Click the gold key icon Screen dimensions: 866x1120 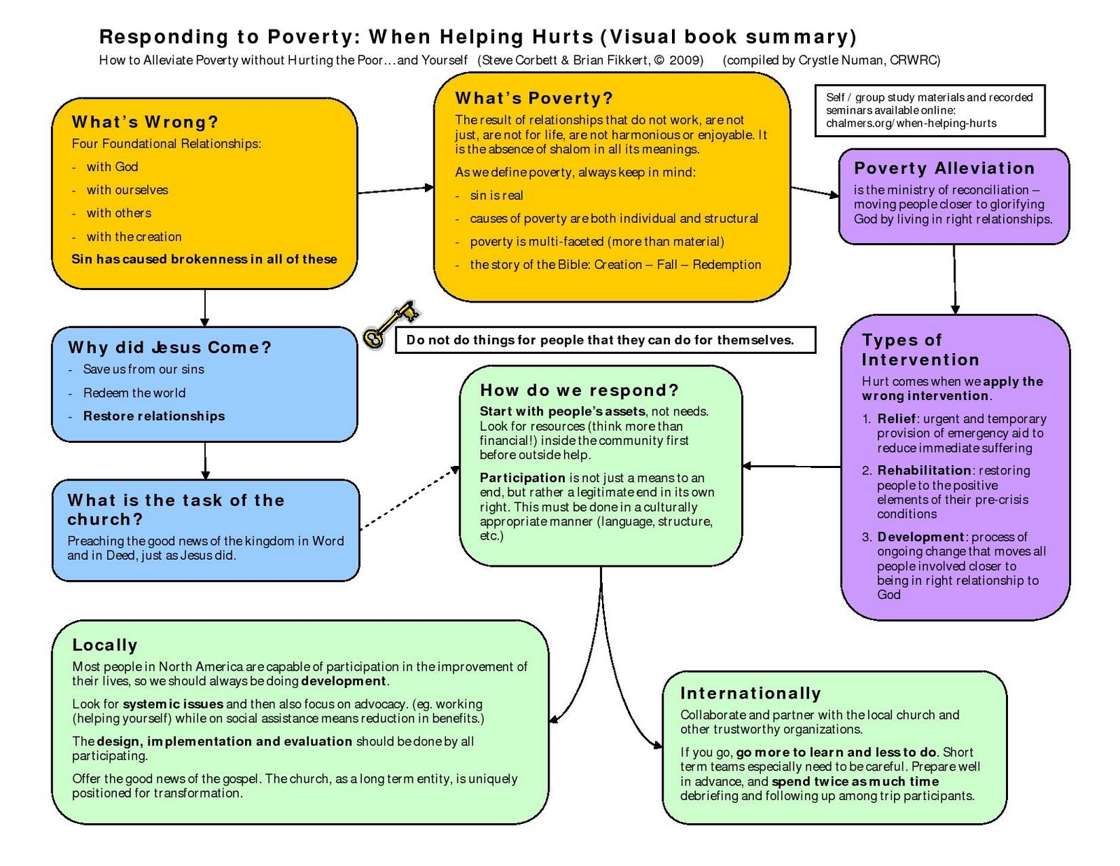coord(390,324)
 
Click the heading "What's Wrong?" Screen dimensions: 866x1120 coord(145,122)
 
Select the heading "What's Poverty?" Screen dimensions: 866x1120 coord(533,98)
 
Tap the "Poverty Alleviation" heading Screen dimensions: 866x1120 coord(944,168)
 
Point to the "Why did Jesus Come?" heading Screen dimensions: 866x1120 coord(169,348)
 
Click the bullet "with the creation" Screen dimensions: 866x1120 coord(134,237)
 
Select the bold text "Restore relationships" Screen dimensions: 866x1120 coord(154,416)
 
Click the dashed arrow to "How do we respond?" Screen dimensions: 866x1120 coord(409,498)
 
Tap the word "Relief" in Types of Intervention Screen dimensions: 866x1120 coord(896,418)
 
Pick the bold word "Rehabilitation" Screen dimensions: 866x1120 coord(924,470)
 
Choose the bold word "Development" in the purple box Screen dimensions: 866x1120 coord(920,537)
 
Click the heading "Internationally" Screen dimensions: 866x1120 coord(750,693)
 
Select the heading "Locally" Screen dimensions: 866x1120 coord(105,645)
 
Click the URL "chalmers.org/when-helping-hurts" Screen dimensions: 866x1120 coord(911,123)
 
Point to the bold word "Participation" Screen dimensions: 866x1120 coord(522,477)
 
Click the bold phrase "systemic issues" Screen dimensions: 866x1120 coord(173,703)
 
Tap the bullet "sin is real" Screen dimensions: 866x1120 coord(496,195)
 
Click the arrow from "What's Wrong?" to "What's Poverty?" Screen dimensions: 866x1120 coord(395,189)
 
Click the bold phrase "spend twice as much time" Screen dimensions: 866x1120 coord(855,781)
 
